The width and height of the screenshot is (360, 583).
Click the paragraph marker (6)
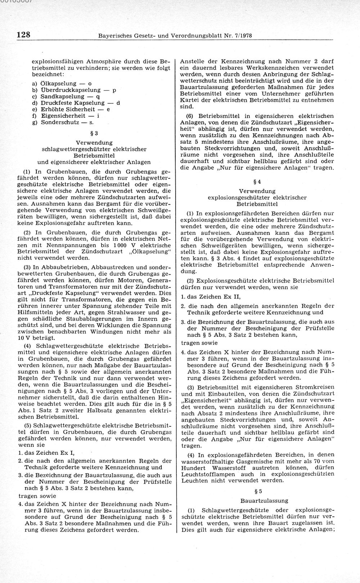pos(190,116)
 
